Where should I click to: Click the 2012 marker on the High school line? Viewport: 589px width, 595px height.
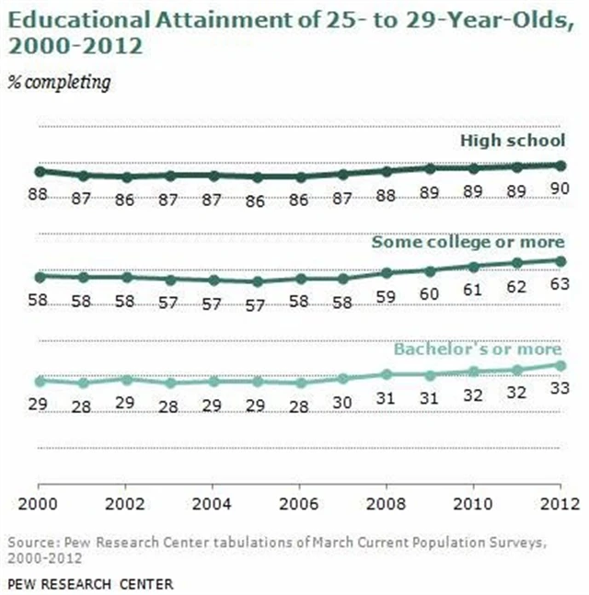[560, 165]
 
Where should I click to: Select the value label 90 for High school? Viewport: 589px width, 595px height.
[560, 187]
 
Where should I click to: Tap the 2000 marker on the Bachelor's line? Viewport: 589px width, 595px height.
[40, 381]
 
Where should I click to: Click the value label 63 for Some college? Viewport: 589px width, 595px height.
[560, 283]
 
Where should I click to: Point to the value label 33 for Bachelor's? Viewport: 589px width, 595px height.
[560, 388]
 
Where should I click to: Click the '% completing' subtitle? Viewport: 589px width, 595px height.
[59, 83]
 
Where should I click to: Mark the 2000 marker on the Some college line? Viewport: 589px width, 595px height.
[40, 276]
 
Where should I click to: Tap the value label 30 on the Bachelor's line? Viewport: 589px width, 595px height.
[342, 401]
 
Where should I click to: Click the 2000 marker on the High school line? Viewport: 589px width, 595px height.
[40, 171]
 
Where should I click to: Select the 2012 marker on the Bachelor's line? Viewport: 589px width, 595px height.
[560, 365]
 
